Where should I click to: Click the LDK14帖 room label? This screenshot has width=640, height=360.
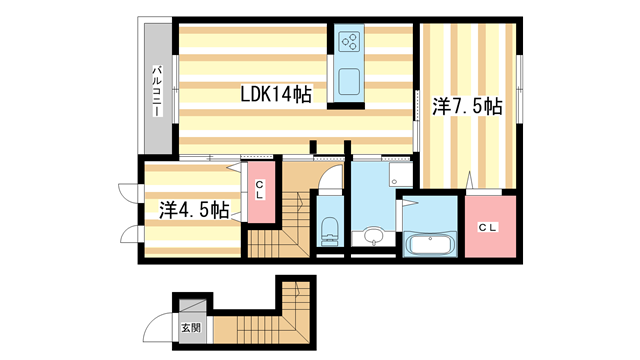[276, 95]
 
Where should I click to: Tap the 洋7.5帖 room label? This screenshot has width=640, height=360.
[466, 106]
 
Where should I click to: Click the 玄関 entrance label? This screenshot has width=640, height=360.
[189, 327]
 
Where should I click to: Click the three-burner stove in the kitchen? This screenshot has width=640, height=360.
[350, 42]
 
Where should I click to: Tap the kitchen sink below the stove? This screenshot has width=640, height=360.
[350, 81]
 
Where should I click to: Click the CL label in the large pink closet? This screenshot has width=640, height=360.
[486, 229]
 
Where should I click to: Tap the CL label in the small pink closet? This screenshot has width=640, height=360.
[258, 190]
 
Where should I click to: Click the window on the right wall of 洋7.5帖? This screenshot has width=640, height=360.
[521, 73]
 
